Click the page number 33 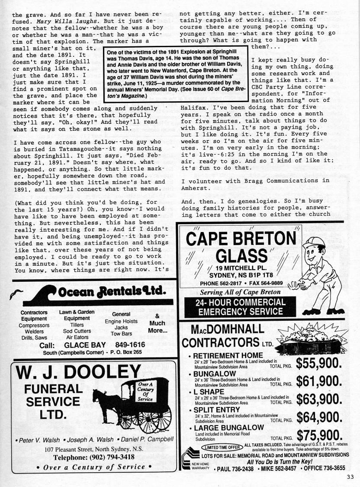coord(350,477)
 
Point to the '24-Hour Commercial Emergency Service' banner coord(235,307)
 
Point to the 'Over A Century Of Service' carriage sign coord(145,391)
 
